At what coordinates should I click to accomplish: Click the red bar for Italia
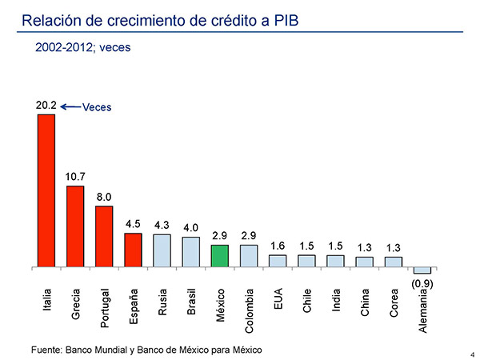(46, 190)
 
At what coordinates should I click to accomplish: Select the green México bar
(220, 256)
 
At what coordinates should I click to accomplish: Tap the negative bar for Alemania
(422, 270)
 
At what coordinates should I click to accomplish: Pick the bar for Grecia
(75, 226)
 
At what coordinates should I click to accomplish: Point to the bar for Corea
(394, 262)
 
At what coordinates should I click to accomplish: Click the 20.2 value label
(46, 105)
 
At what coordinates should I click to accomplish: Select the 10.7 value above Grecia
(75, 176)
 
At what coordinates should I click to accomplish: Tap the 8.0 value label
(104, 197)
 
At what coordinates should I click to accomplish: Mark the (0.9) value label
(422, 282)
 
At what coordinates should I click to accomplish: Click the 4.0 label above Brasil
(190, 228)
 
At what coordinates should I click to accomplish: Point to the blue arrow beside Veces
(70, 106)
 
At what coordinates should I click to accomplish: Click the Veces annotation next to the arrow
(97, 107)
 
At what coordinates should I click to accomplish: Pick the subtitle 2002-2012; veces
(83, 47)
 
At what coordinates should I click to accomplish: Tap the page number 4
(473, 354)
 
